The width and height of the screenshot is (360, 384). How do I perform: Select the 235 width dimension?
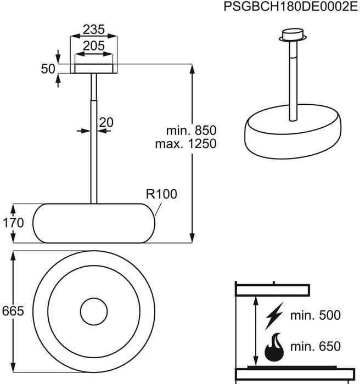click(x=94, y=29)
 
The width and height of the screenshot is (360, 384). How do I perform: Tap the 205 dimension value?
click(x=94, y=46)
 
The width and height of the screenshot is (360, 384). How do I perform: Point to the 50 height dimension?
click(x=48, y=69)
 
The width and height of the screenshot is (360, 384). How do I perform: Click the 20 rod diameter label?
click(x=106, y=122)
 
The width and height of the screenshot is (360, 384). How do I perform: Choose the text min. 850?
click(x=192, y=131)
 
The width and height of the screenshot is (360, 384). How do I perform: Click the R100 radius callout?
click(x=162, y=194)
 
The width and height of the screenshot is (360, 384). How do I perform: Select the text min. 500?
click(x=316, y=315)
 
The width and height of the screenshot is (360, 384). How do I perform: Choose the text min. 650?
click(x=316, y=347)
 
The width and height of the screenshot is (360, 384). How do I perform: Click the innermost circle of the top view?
click(x=94, y=312)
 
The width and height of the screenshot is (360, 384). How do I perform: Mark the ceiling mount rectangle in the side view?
click(x=94, y=68)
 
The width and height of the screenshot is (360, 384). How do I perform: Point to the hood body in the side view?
click(x=94, y=223)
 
